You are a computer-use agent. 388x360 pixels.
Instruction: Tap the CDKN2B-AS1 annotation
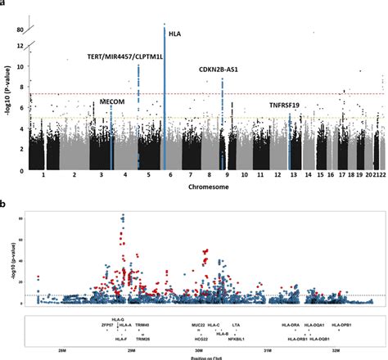(219, 70)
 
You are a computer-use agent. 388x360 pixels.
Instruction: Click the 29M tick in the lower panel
(132, 349)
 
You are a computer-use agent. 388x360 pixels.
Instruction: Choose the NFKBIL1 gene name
(233, 338)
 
